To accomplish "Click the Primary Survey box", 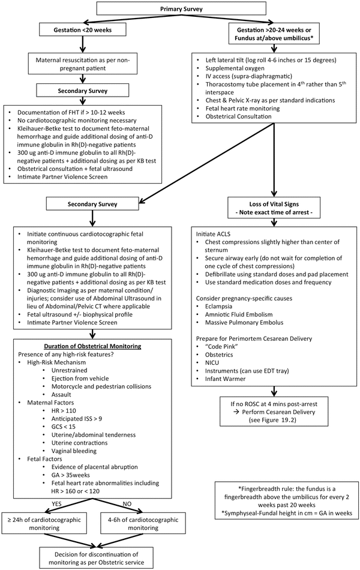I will pyautogui.click(x=181, y=10).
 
